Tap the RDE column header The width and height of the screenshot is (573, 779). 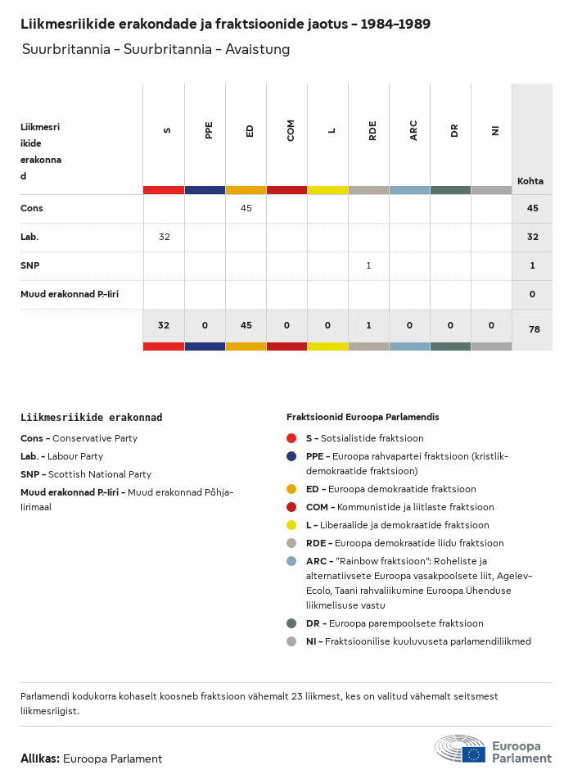click(x=372, y=129)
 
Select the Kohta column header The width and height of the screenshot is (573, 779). click(x=530, y=181)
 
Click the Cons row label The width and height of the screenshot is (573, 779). click(x=32, y=208)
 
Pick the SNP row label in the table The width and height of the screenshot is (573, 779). click(x=29, y=265)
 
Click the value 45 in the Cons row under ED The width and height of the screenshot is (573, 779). click(x=246, y=208)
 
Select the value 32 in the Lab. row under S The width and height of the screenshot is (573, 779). click(x=164, y=237)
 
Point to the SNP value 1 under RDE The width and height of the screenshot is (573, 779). click(x=368, y=265)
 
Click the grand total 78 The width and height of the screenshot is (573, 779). click(x=533, y=329)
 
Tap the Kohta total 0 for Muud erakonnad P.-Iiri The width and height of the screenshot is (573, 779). click(x=533, y=294)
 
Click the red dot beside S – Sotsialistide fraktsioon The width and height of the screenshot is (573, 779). click(x=291, y=438)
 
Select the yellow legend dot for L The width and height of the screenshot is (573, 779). click(x=291, y=525)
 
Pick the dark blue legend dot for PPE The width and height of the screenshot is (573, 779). click(x=291, y=456)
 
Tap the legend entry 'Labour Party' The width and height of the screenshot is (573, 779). click(x=75, y=456)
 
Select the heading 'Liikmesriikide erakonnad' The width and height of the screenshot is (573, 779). click(x=91, y=417)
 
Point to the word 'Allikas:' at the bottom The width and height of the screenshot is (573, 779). click(x=40, y=759)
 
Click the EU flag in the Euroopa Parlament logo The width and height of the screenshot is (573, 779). click(x=473, y=754)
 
